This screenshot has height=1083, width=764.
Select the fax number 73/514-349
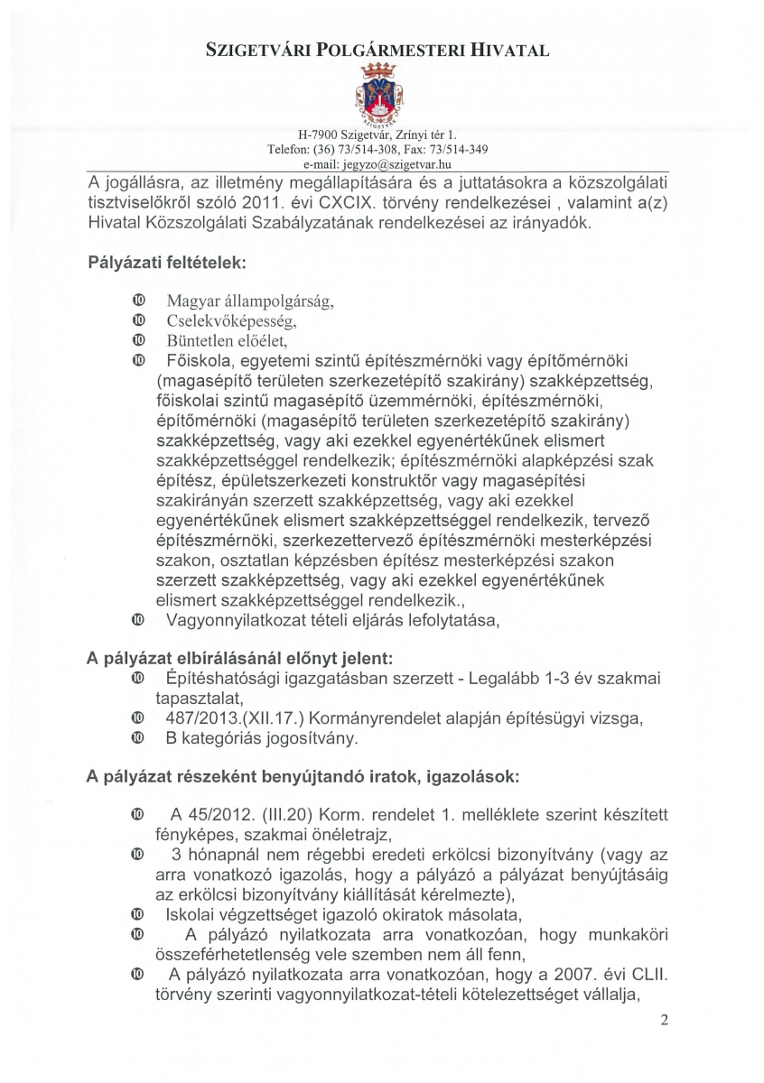pyautogui.click(x=461, y=150)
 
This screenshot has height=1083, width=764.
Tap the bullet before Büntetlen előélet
pyautogui.click(x=137, y=340)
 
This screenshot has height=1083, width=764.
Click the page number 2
pyautogui.click(x=664, y=1021)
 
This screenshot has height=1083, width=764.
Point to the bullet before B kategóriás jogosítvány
pyautogui.click(x=137, y=738)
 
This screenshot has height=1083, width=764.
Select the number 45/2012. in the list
pyautogui.click(x=214, y=815)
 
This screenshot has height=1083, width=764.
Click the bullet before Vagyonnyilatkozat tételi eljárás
pyautogui.click(x=137, y=620)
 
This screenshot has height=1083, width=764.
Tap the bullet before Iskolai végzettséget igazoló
pyautogui.click(x=137, y=913)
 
